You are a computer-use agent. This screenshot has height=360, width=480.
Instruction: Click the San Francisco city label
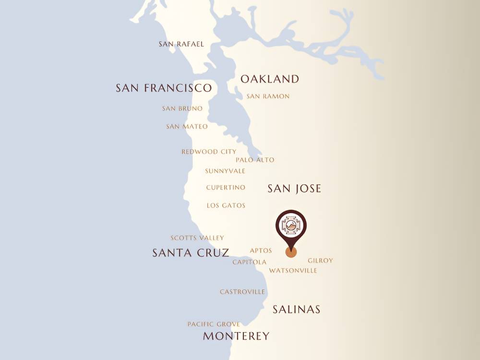164,88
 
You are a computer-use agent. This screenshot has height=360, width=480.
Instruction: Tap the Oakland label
270,79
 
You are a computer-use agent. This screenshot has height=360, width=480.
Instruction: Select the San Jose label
294,189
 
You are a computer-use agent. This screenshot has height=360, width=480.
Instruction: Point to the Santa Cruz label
191,253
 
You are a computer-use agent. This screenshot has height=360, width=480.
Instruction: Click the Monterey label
236,336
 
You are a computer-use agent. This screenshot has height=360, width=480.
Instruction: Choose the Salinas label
296,310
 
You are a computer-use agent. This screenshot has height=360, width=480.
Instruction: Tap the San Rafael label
181,44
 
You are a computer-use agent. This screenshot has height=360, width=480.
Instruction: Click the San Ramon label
268,96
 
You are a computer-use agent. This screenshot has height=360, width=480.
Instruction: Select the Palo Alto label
255,160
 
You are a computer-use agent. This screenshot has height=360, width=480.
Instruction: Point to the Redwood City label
209,152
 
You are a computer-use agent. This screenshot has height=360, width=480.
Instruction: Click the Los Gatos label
226,205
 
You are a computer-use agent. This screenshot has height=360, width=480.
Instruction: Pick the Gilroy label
320,261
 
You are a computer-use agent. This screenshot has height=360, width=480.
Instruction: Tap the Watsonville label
293,271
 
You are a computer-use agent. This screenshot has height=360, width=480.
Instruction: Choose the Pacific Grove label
214,324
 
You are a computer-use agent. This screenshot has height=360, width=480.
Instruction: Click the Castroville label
242,292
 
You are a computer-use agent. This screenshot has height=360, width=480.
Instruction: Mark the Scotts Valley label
197,238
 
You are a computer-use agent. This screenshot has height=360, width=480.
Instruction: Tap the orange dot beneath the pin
291,252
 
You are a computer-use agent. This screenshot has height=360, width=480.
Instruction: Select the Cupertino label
226,188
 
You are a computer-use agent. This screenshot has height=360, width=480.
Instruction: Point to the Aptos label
261,251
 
